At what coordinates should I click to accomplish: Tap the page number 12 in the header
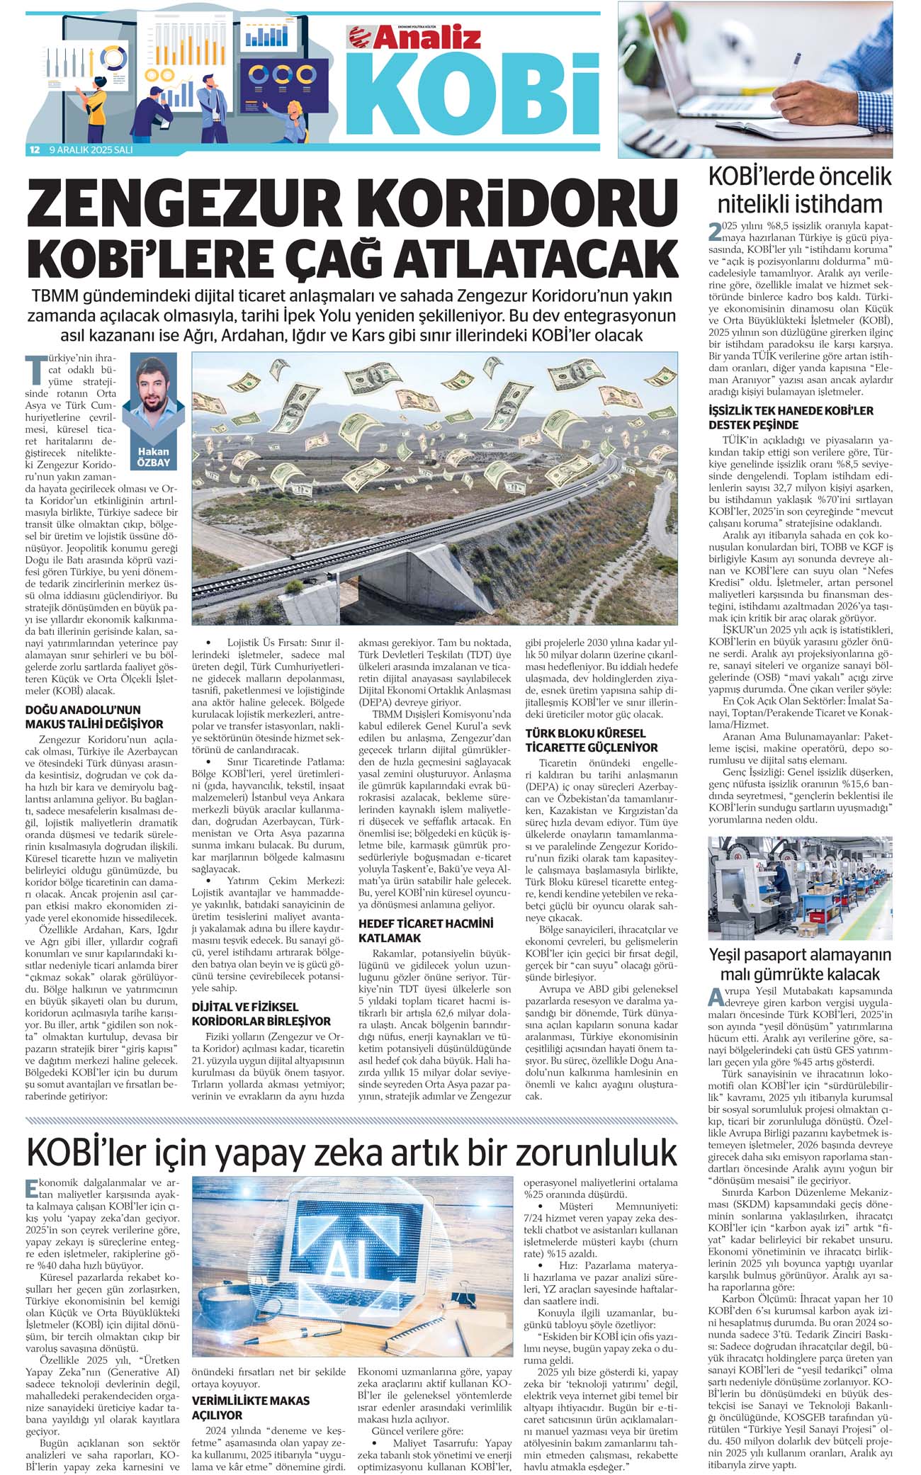[x=34, y=150]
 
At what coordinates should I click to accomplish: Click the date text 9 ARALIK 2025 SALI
[x=91, y=150]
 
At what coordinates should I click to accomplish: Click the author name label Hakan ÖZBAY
[x=153, y=457]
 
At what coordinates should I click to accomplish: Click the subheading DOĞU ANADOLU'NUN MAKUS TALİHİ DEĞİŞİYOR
[x=94, y=717]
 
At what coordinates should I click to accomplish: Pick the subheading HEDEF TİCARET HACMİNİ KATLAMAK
[x=425, y=930]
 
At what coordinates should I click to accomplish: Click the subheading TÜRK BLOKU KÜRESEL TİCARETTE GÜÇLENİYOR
[x=592, y=740]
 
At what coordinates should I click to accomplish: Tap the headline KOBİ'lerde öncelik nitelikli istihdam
[x=800, y=191]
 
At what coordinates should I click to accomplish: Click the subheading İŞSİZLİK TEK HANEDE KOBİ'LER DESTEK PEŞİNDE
[x=791, y=418]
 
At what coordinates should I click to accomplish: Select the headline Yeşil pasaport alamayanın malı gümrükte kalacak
[x=800, y=964]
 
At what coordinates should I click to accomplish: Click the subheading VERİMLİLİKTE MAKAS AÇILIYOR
[x=251, y=1408]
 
